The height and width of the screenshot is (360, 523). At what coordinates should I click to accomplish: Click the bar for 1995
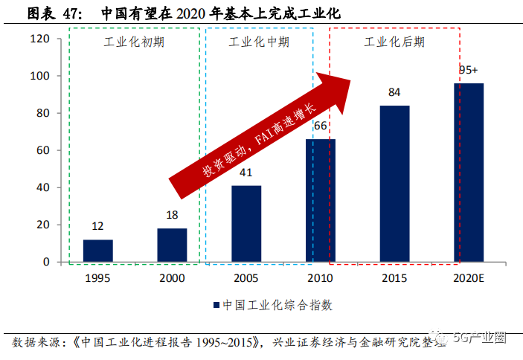click(x=97, y=251)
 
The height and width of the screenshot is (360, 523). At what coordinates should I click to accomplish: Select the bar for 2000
click(x=172, y=245)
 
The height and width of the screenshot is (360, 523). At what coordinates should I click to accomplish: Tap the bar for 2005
click(x=246, y=224)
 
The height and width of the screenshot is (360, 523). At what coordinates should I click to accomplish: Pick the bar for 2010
click(x=320, y=201)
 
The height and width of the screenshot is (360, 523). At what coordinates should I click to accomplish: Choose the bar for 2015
click(x=394, y=184)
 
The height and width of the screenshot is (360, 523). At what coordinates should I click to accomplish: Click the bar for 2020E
click(x=469, y=173)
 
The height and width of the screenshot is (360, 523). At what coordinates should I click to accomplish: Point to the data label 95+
click(x=468, y=70)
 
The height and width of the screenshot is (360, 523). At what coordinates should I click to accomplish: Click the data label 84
click(x=394, y=92)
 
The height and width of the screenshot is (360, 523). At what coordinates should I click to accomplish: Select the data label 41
click(x=246, y=173)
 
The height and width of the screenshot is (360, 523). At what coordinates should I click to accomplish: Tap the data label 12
click(x=97, y=226)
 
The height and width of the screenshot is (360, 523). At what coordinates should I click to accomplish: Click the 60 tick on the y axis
click(x=42, y=150)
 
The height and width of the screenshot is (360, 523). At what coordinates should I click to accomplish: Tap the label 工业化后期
click(x=394, y=42)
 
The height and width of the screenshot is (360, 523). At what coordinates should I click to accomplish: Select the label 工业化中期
click(x=259, y=42)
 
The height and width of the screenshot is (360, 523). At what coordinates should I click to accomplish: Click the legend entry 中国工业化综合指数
click(x=272, y=305)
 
